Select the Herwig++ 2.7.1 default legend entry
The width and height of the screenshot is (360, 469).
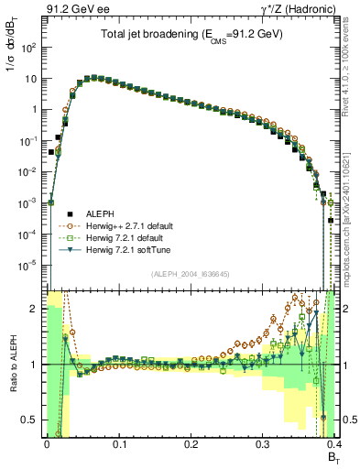[x=134, y=224]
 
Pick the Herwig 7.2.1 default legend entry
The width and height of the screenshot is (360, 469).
[x=130, y=236]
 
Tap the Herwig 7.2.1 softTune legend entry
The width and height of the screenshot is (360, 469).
[x=132, y=249]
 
